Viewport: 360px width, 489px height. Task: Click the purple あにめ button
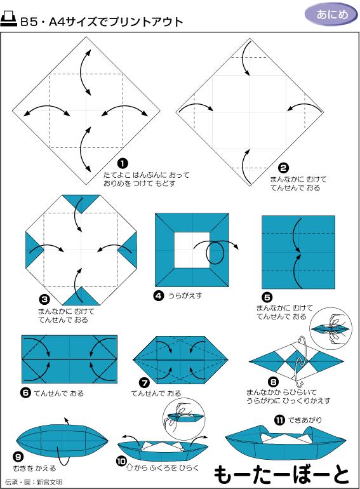(328, 13)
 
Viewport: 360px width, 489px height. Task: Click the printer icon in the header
(10, 21)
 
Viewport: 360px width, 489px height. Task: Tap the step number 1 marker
(123, 163)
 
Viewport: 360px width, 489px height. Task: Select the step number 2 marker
(284, 168)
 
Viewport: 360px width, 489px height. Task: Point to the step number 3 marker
(44, 298)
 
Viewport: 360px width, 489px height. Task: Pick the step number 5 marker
(267, 297)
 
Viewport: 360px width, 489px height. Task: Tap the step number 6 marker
(25, 392)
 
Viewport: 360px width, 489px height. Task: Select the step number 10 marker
(121, 461)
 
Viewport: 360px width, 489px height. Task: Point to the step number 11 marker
(279, 420)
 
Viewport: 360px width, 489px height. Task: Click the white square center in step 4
(192, 249)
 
